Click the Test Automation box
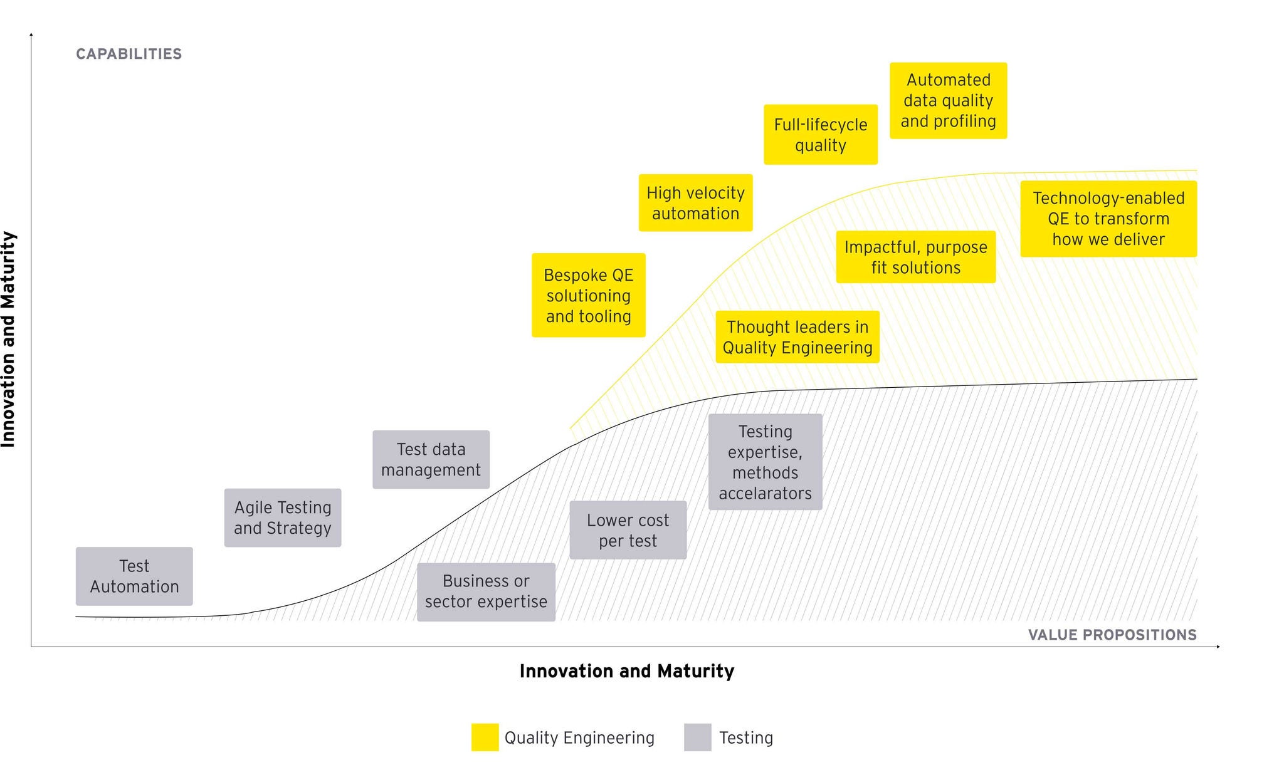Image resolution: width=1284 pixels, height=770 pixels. click(134, 576)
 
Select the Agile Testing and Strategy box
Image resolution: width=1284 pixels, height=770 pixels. click(283, 518)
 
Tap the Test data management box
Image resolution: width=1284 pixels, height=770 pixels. click(431, 459)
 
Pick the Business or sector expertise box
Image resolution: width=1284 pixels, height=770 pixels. click(486, 591)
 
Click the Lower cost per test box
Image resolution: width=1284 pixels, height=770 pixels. click(628, 530)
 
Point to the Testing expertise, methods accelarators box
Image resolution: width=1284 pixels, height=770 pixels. click(765, 462)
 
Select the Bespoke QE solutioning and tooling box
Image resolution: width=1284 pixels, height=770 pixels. click(588, 295)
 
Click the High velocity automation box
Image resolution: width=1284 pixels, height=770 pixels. click(695, 203)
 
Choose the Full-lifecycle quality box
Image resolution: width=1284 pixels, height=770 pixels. click(820, 135)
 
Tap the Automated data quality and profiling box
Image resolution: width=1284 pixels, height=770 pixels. click(948, 100)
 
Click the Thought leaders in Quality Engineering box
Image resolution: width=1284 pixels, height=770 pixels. click(797, 337)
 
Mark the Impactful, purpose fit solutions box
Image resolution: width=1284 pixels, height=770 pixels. click(915, 257)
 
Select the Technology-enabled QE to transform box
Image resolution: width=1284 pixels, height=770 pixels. click(1108, 219)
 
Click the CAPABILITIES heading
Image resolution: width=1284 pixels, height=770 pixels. click(129, 54)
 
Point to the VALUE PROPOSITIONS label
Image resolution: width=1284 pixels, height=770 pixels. click(1112, 635)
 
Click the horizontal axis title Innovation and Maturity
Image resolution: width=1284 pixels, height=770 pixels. click(627, 671)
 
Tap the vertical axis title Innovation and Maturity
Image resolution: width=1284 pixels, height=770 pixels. click(8, 339)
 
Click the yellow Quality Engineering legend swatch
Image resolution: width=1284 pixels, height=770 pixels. click(485, 737)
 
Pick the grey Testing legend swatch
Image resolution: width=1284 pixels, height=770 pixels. click(697, 737)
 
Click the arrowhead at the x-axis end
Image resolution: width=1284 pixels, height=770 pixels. click(1218, 647)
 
